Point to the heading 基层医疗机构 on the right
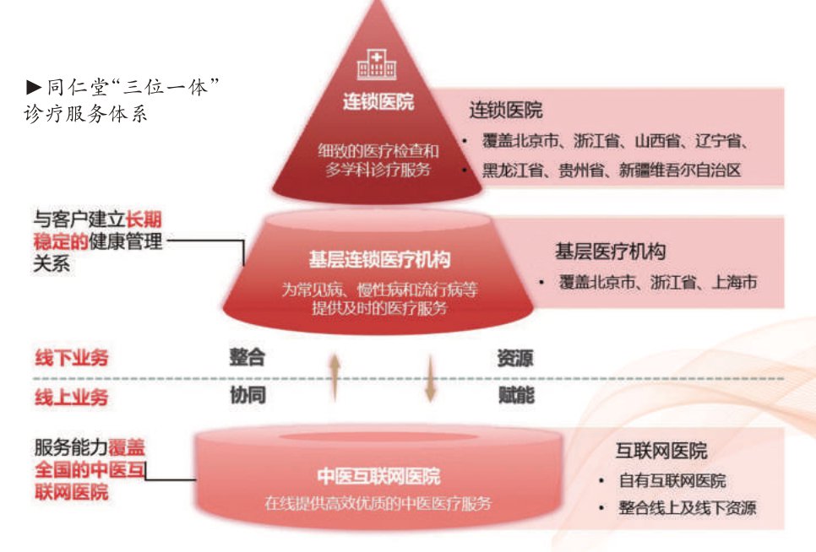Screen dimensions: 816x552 coord(610,251)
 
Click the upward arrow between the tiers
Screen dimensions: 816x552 coord(335,376)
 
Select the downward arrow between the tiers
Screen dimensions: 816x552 coord(431,376)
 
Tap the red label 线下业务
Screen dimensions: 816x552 coord(72,357)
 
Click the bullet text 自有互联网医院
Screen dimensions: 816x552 coord(672,481)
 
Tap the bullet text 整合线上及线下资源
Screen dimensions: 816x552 coord(687,508)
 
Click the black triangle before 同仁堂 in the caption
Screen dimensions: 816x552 coord(34,86)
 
